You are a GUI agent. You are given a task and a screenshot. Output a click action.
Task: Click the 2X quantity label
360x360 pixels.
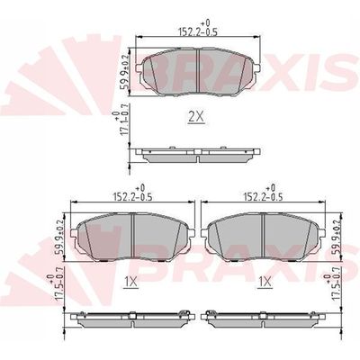pyautogui.click(x=196, y=117)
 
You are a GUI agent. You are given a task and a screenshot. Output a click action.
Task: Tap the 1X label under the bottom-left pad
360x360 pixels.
pyautogui.click(x=130, y=282)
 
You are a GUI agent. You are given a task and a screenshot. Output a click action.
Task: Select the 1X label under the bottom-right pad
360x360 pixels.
pyautogui.click(x=265, y=282)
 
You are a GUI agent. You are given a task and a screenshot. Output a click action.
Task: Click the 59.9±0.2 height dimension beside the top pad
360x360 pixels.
pyautogui.click(x=124, y=72)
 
